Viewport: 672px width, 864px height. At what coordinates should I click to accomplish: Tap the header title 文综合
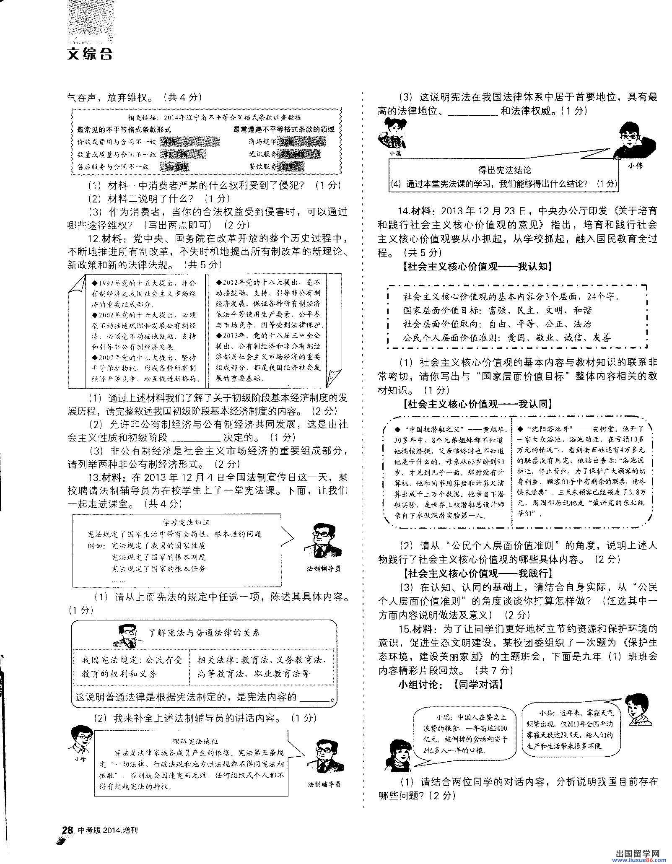click(x=90, y=54)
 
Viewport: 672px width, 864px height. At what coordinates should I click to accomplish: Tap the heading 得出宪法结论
click(x=504, y=170)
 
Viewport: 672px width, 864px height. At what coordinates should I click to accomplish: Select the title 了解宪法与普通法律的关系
click(x=204, y=633)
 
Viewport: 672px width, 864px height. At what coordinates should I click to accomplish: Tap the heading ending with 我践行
click(x=477, y=573)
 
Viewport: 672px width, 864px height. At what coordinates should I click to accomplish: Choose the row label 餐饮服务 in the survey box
click(x=263, y=166)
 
